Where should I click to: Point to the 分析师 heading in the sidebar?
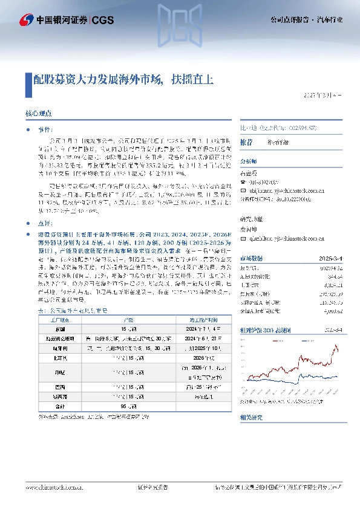pyautogui.click(x=249, y=162)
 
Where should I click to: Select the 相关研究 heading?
pyautogui.click(x=250, y=418)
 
